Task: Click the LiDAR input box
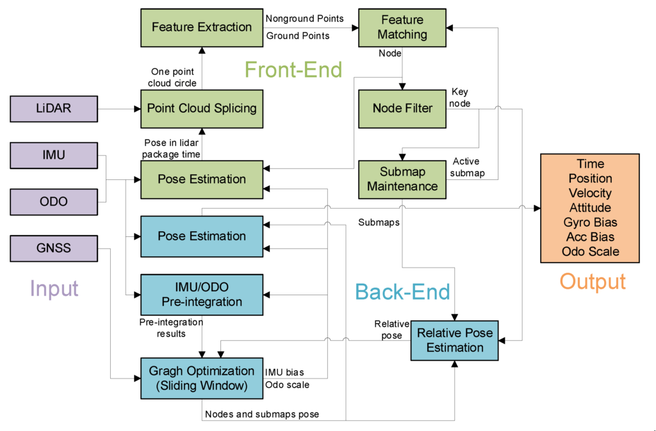click(54, 108)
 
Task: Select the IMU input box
click(54, 154)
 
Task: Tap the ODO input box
click(54, 201)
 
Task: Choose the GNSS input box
click(54, 248)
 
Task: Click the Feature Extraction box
click(201, 27)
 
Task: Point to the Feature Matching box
click(402, 27)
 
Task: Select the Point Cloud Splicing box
click(201, 108)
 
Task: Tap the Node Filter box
click(402, 108)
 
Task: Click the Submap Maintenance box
click(402, 179)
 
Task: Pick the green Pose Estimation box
click(201, 179)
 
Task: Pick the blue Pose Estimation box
click(201, 236)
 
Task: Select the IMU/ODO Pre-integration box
click(201, 294)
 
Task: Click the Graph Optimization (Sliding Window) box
click(201, 378)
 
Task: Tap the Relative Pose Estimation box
click(455, 340)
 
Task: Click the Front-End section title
click(294, 70)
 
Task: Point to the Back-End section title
click(402, 292)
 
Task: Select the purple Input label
click(54, 288)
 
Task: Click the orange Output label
click(592, 281)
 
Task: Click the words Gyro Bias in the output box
click(590, 222)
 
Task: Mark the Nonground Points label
click(304, 19)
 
